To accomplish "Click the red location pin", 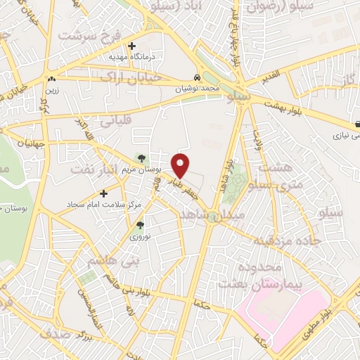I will (181, 165).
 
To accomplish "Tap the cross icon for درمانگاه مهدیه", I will (131, 46).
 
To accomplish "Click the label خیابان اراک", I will (131, 77).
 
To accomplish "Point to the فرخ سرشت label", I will (89, 34).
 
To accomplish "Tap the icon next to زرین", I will (51, 79).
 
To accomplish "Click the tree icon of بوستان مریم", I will (141, 158).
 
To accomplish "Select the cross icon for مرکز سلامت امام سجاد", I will (104, 193).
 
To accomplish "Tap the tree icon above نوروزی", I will (139, 226).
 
